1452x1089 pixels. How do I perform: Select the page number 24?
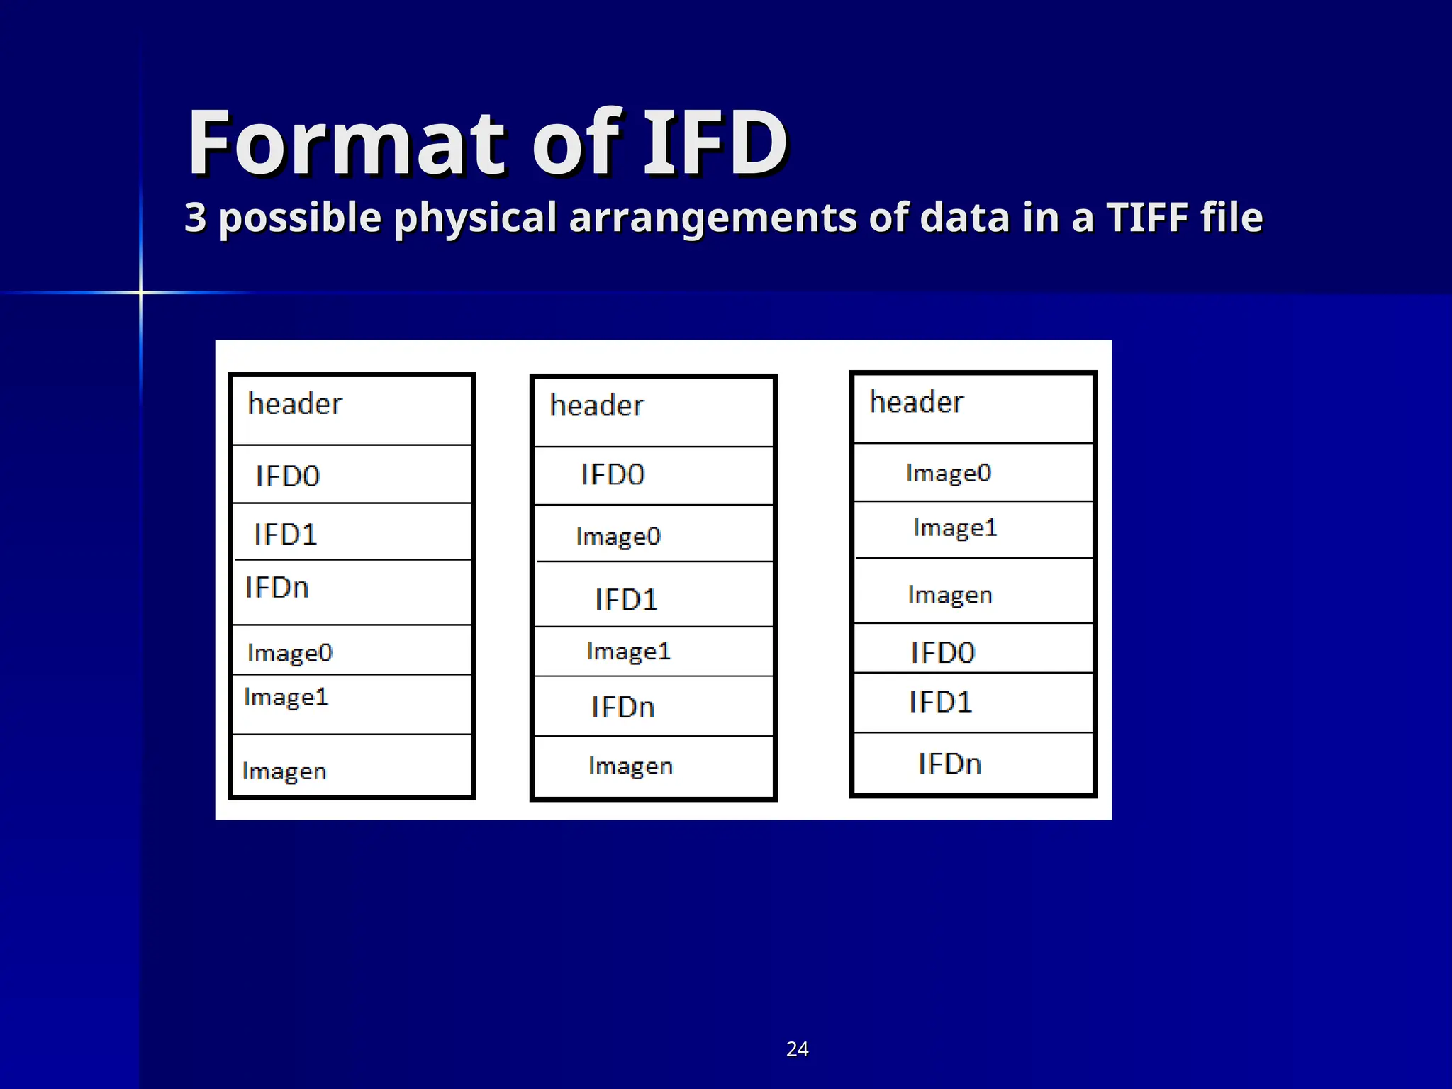[797, 1049]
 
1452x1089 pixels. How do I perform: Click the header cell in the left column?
[295, 404]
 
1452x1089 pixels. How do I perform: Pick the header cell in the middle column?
[597, 406]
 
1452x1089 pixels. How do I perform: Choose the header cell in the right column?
[916, 403]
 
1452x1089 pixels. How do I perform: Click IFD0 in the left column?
[288, 476]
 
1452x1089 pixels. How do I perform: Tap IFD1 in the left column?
[286, 535]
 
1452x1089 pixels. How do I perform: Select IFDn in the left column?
[277, 588]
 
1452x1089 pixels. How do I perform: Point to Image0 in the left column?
[290, 653]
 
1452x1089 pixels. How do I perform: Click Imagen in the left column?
[284, 771]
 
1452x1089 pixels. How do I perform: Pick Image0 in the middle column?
[618, 537]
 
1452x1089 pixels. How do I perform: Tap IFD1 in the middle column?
[626, 600]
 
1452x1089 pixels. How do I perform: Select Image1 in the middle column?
[629, 652]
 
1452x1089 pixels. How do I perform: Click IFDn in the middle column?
[623, 708]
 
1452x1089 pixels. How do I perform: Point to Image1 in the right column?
[955, 528]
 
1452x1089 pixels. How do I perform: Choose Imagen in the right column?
[950, 595]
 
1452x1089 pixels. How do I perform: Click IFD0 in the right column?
[943, 653]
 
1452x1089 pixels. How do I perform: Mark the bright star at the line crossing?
[140, 292]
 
